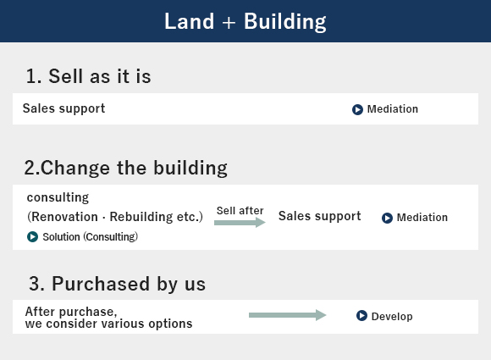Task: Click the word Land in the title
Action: coord(189,22)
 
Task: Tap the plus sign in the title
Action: coord(229,23)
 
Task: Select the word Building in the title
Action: coord(285,23)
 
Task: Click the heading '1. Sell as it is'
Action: coord(89,76)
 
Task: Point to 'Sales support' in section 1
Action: coord(63,108)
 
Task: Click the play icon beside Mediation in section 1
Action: coord(357,109)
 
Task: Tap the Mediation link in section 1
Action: coord(392,109)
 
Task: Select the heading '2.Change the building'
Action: coord(126,168)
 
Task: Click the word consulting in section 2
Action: coord(58,197)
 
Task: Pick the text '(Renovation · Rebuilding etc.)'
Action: coord(115,217)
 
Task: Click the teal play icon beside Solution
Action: coord(32,237)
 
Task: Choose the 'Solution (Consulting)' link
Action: coord(91,237)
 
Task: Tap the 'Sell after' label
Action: coord(240,211)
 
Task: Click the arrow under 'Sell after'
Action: coord(240,223)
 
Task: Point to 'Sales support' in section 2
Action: coord(320,216)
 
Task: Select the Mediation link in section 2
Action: coord(422,218)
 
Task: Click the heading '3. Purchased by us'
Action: coord(118,284)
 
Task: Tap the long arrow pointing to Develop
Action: coord(288,315)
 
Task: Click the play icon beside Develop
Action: coord(361,315)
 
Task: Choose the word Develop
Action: coord(392,317)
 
